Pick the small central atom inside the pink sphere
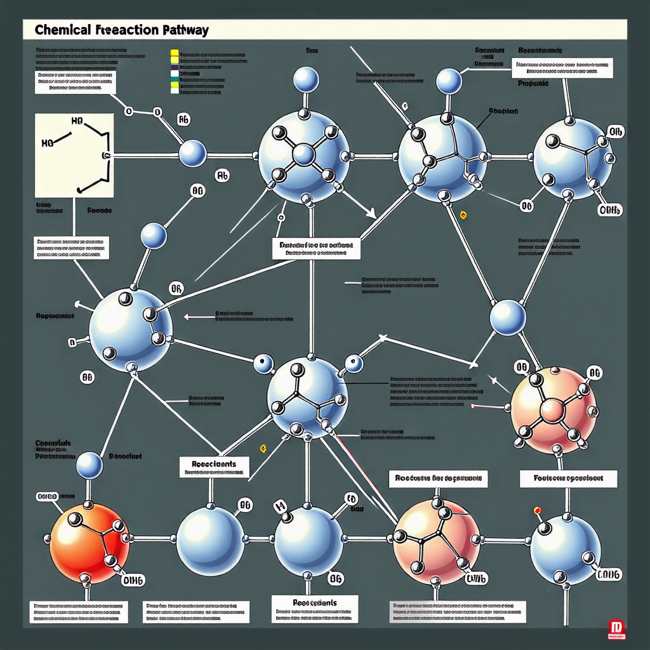point(552,411)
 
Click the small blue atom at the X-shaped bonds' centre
point(303,154)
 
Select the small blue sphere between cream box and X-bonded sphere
point(192,154)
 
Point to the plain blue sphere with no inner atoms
point(210,539)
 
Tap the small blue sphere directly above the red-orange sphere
point(89,466)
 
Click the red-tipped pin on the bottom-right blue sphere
point(538,510)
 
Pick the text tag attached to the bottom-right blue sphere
point(607,574)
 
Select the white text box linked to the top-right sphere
point(562,68)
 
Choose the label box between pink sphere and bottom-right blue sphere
point(568,478)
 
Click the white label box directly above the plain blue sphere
point(214,467)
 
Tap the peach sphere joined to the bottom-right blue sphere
point(434,540)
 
